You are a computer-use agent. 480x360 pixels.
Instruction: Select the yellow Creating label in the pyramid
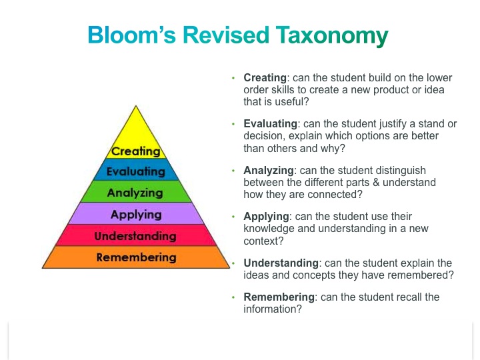pos(136,151)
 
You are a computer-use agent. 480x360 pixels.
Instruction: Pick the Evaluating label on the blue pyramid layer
pos(135,171)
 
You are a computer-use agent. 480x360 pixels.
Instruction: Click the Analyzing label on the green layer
pos(135,193)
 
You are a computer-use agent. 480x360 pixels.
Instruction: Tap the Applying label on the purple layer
pos(136,214)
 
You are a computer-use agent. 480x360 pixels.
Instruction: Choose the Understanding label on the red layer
pos(135,236)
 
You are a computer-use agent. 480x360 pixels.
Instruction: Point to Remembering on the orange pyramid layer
pos(136,257)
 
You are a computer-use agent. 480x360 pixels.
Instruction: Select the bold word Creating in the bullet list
pos(267,77)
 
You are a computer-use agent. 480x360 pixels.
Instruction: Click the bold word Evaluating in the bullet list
pos(271,124)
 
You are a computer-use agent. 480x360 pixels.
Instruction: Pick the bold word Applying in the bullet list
pos(266,217)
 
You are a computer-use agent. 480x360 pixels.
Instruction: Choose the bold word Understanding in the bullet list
pos(281,263)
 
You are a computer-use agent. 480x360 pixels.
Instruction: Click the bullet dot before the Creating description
pos(233,78)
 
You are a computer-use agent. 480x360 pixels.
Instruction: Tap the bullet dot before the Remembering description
pos(233,297)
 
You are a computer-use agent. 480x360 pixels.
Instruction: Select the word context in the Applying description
pos(261,241)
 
